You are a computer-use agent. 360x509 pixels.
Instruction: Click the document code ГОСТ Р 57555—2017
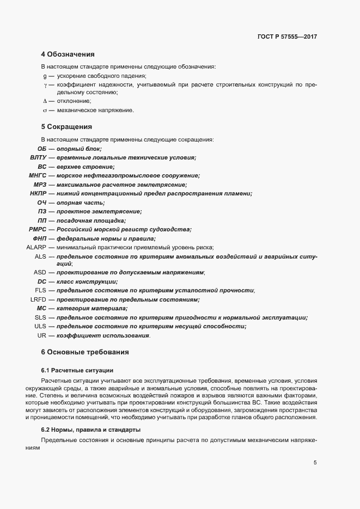click(x=287, y=37)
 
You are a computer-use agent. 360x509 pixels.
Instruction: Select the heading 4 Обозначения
click(x=68, y=54)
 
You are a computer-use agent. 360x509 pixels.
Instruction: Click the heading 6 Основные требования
click(x=85, y=352)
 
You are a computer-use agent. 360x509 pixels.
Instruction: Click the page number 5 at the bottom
click(x=315, y=463)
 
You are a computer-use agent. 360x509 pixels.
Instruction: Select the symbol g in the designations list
click(x=45, y=76)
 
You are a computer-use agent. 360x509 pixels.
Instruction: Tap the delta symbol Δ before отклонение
click(x=45, y=101)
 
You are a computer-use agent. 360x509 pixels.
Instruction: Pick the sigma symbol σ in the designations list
click(x=45, y=111)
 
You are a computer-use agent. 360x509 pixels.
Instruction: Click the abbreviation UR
click(x=42, y=335)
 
